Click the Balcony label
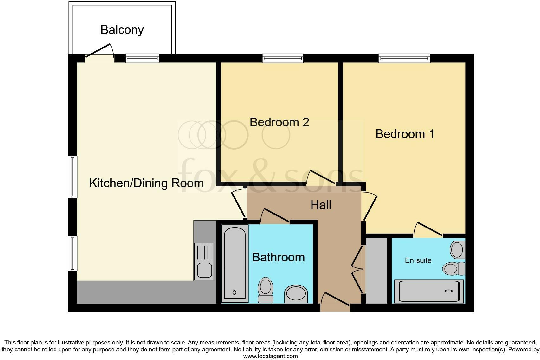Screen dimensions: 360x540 pos(122,29)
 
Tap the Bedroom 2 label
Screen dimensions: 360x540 pos(279,122)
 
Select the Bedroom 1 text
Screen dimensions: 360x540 pos(405,134)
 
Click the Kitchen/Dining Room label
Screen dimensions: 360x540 pos(146,183)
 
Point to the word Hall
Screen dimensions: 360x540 pos(321,205)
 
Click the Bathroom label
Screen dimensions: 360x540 pos(278,257)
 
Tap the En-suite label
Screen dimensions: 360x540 pos(418,260)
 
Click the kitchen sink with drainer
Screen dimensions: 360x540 pos(204,261)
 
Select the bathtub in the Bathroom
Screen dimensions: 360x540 pos(235,263)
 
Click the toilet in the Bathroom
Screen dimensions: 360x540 pos(266,290)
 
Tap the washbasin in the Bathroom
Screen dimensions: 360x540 pos(296,294)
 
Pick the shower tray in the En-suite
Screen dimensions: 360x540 pos(429,291)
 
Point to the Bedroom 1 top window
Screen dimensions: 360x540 pos(404,58)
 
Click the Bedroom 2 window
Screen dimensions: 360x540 pos(283,58)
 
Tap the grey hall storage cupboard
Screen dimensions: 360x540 pos(376,270)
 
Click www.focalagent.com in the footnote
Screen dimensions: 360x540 pos(270,356)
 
